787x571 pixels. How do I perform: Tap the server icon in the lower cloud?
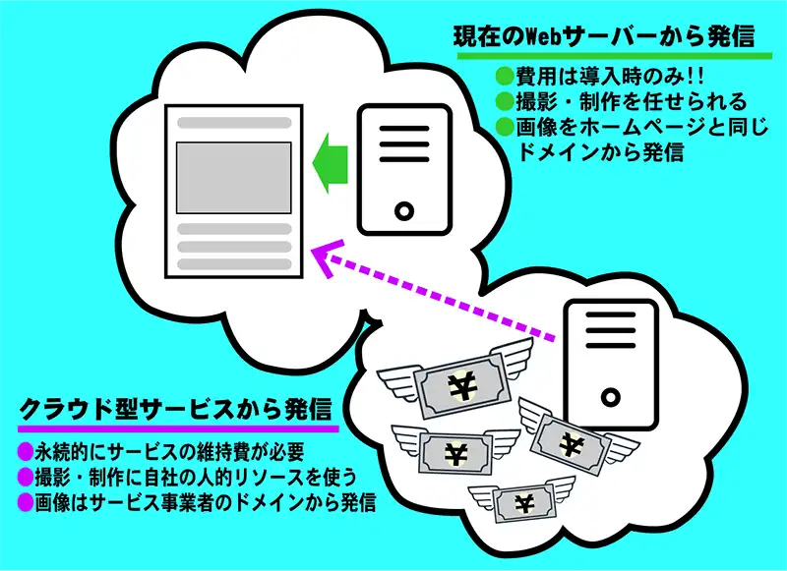coord(610,364)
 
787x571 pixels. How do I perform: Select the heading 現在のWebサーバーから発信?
coord(603,36)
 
